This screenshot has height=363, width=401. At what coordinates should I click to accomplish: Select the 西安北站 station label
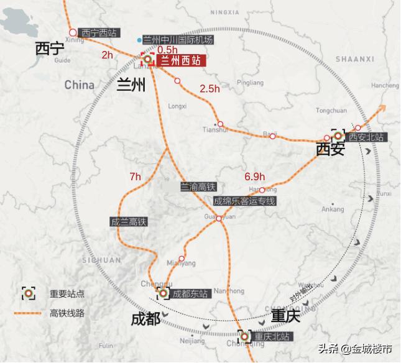click(366, 136)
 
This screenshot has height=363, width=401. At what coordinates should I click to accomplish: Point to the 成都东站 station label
click(190, 293)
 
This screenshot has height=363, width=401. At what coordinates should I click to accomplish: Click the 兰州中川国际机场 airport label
click(178, 40)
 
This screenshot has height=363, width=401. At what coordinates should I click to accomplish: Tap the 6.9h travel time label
click(255, 176)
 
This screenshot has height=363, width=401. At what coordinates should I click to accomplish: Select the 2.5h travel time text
click(210, 89)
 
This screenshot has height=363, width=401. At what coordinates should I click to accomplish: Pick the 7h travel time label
click(136, 177)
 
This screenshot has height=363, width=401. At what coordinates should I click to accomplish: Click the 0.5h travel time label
click(168, 50)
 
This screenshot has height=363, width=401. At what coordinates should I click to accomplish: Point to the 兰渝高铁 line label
click(198, 186)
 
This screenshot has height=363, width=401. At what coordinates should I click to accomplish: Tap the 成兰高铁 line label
click(128, 221)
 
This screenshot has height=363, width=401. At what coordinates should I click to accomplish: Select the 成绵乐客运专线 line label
click(244, 201)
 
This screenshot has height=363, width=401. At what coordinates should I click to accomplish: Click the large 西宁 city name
click(50, 48)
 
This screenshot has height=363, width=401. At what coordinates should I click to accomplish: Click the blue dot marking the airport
click(139, 40)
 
